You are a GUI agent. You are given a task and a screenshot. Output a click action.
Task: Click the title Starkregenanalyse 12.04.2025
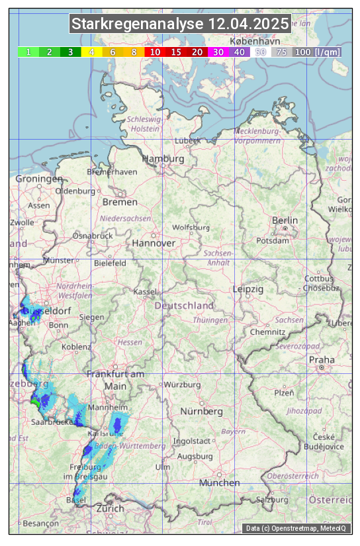pyautogui.click(x=180, y=24)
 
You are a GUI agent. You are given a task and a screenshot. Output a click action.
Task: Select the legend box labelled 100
pyautogui.click(x=303, y=52)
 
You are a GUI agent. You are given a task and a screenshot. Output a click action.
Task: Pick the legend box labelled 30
pyautogui.click(x=218, y=52)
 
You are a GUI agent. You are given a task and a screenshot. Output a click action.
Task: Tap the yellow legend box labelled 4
pyautogui.click(x=92, y=52)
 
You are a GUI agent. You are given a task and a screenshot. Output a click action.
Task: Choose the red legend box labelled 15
pyautogui.click(x=176, y=52)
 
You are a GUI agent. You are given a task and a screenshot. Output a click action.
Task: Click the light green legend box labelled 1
pyautogui.click(x=28, y=52)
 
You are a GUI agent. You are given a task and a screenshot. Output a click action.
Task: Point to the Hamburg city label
pyautogui.click(x=163, y=159)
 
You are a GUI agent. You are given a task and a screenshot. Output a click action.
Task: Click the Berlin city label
pyautogui.click(x=285, y=220)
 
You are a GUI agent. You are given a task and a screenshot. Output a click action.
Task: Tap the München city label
pyautogui.click(x=219, y=482)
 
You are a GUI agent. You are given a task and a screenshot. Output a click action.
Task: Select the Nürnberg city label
pyautogui.click(x=202, y=411)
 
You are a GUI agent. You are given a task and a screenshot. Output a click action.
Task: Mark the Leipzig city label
pyautogui.click(x=248, y=289)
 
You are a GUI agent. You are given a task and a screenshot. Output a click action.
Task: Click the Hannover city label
pyautogui.click(x=154, y=243)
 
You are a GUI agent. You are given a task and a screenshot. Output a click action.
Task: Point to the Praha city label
pyautogui.click(x=322, y=359)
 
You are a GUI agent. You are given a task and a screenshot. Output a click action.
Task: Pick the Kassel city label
pyautogui.click(x=144, y=291)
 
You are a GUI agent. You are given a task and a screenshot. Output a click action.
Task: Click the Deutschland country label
pyautogui.click(x=184, y=306)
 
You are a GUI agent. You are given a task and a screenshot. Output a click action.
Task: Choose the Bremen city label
pyautogui.click(x=120, y=202)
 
